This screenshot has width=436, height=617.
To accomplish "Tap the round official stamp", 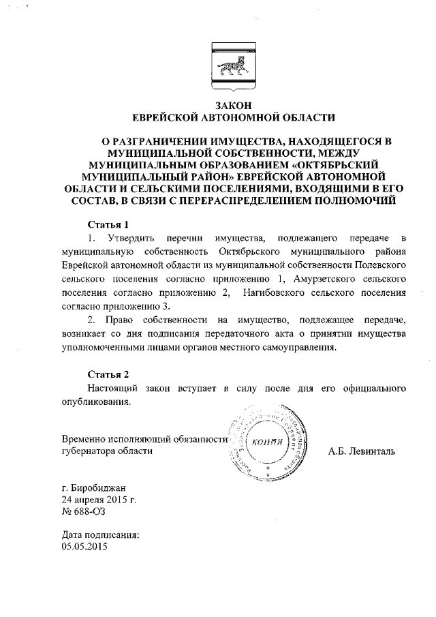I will click(x=268, y=443).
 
